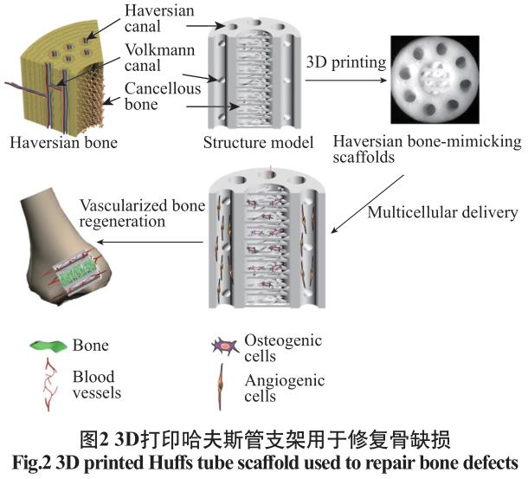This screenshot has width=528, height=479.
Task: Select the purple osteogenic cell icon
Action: (225, 346)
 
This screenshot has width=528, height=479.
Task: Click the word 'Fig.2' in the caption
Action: (29, 460)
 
